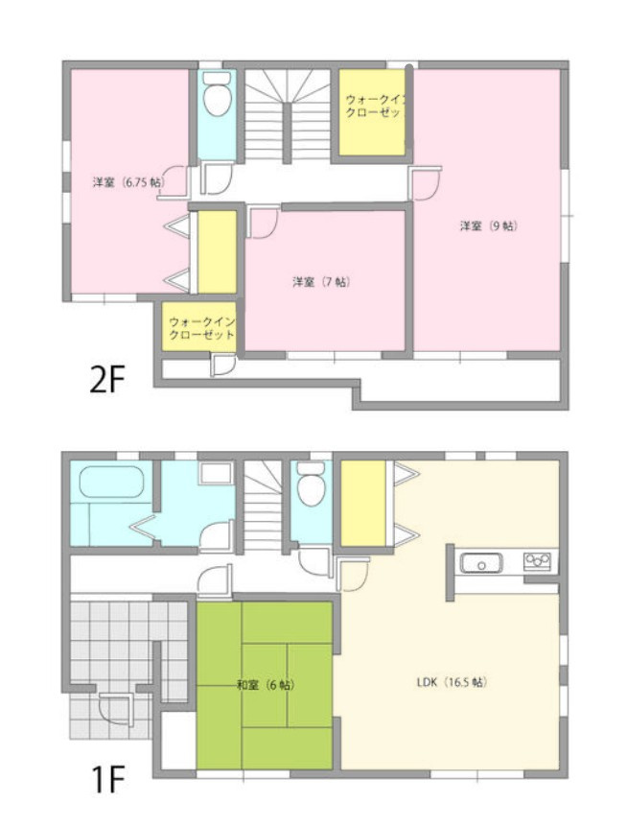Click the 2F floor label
pyautogui.click(x=106, y=380)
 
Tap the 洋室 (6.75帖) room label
pyautogui.click(x=128, y=183)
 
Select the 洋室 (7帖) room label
pyautogui.click(x=321, y=282)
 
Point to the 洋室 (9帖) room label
pyautogui.click(x=489, y=226)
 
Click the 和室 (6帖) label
pyautogui.click(x=266, y=685)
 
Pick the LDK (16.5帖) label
pyautogui.click(x=452, y=682)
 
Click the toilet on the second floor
pyautogui.click(x=217, y=94)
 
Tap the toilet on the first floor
pyautogui.click(x=312, y=484)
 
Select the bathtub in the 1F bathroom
pyautogui.click(x=111, y=482)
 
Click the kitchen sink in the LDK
pyautogui.click(x=481, y=563)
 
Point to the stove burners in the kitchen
pyautogui.click(x=537, y=560)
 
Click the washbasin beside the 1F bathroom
pyautogui.click(x=216, y=473)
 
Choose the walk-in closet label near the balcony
pyautogui.click(x=201, y=328)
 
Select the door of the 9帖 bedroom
pyautogui.click(x=425, y=183)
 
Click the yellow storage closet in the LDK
pyautogui.click(x=363, y=504)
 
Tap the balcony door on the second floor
pyautogui.click(x=222, y=366)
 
